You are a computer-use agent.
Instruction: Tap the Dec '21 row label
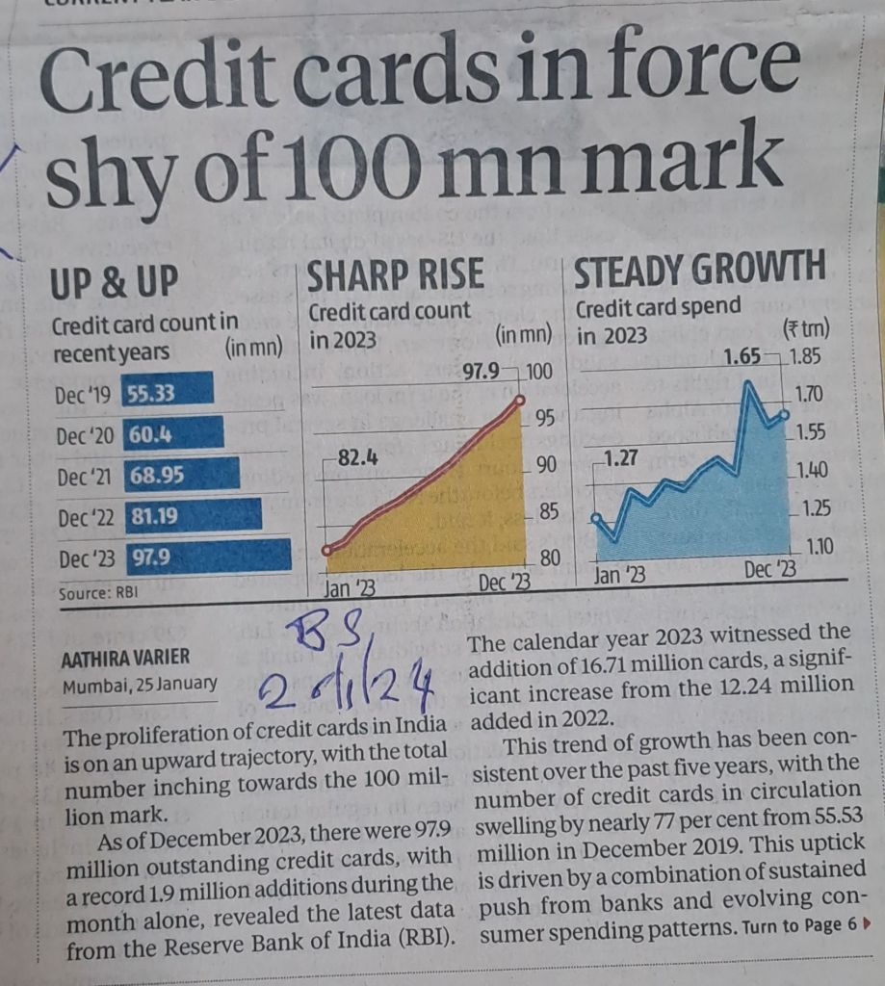[x=86, y=477]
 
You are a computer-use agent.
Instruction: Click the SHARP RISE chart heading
[x=395, y=275]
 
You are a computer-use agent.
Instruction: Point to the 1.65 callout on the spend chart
[x=741, y=358]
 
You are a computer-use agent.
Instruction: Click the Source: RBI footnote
[x=98, y=593]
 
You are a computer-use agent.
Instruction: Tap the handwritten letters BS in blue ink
[x=324, y=638]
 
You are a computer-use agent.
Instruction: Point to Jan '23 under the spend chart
[x=620, y=576]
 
